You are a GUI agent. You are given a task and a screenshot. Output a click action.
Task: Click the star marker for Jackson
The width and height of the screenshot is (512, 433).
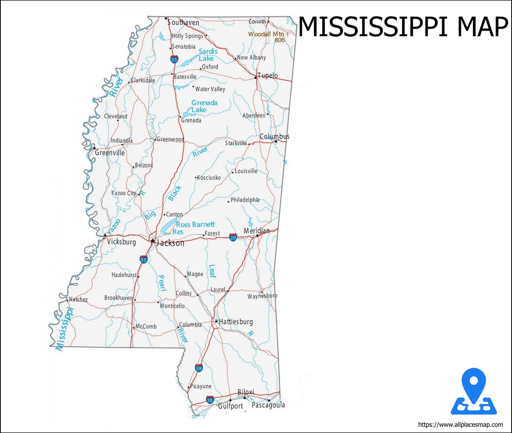pyautogui.click(x=153, y=241)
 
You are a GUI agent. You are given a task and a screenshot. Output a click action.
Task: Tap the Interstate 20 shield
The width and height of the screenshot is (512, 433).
pyautogui.click(x=233, y=237)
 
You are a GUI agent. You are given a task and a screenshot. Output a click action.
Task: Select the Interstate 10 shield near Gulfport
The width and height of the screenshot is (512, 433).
pyautogui.click(x=210, y=400)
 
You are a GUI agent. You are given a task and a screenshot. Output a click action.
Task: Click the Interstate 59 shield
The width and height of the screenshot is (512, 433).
pyautogui.click(x=199, y=368)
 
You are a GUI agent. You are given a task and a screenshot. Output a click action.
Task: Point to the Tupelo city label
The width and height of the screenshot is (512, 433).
pyautogui.click(x=267, y=76)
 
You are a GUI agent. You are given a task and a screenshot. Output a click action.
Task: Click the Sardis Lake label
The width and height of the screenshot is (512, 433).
pyautogui.click(x=208, y=55)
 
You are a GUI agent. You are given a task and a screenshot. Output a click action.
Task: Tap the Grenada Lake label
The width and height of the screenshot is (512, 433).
pyautogui.click(x=204, y=106)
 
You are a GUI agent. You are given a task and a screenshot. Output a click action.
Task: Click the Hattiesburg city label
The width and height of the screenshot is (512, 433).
pyautogui.click(x=236, y=322)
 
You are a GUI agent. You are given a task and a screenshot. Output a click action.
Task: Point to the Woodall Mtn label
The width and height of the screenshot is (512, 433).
pyautogui.click(x=266, y=34)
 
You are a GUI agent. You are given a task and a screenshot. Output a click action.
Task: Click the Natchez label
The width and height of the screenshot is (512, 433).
pyautogui.click(x=78, y=299)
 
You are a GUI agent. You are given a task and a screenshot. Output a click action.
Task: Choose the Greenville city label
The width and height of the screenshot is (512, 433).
pyautogui.click(x=110, y=152)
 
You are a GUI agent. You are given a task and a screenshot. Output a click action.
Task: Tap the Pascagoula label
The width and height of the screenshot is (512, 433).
pyautogui.click(x=268, y=405)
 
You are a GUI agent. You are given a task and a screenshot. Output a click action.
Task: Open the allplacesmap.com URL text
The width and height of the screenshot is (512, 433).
pyautogui.click(x=460, y=425)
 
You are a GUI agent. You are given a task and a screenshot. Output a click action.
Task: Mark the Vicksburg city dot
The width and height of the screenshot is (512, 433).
pyautogui.click(x=105, y=235)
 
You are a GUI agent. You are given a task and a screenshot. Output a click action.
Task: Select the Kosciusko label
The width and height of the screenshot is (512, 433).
pyautogui.click(x=209, y=178)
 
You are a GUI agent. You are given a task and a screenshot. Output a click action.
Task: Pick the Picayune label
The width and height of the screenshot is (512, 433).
pyautogui.click(x=201, y=386)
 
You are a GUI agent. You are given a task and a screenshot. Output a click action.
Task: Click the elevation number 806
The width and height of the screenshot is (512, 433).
pyautogui.click(x=279, y=40)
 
